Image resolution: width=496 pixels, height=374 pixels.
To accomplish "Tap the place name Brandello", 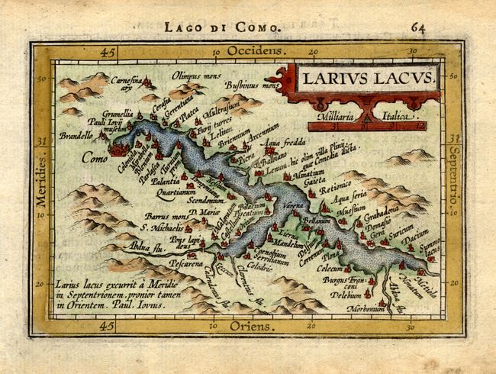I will point(76,137).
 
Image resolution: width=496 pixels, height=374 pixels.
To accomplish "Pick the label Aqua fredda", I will point(282,143).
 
